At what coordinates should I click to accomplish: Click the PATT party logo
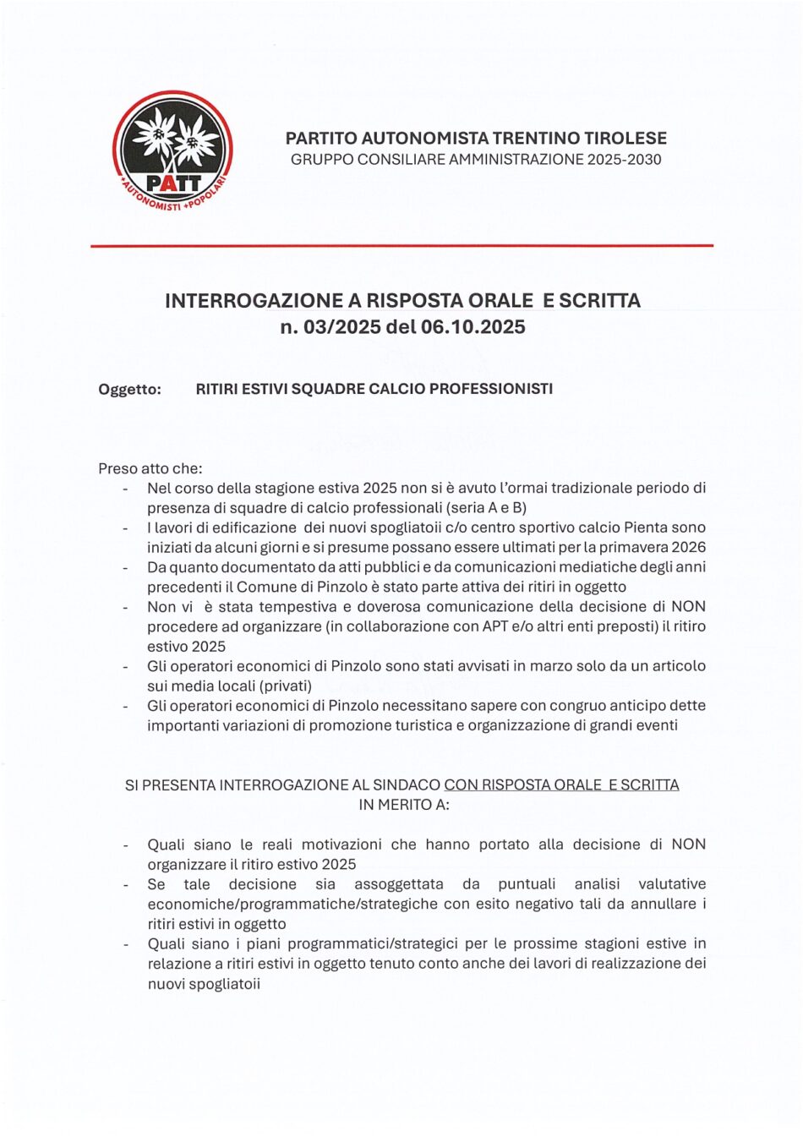172,152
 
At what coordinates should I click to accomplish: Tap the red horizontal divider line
401,245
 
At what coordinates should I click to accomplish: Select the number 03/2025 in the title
341,327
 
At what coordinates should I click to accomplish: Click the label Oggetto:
129,389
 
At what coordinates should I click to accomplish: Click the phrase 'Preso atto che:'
150,468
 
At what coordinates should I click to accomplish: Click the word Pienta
646,528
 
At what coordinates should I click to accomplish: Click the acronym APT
494,626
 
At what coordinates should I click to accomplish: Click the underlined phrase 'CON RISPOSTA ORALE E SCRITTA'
561,784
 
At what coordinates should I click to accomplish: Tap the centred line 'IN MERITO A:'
403,805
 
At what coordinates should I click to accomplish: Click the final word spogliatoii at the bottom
226,983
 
